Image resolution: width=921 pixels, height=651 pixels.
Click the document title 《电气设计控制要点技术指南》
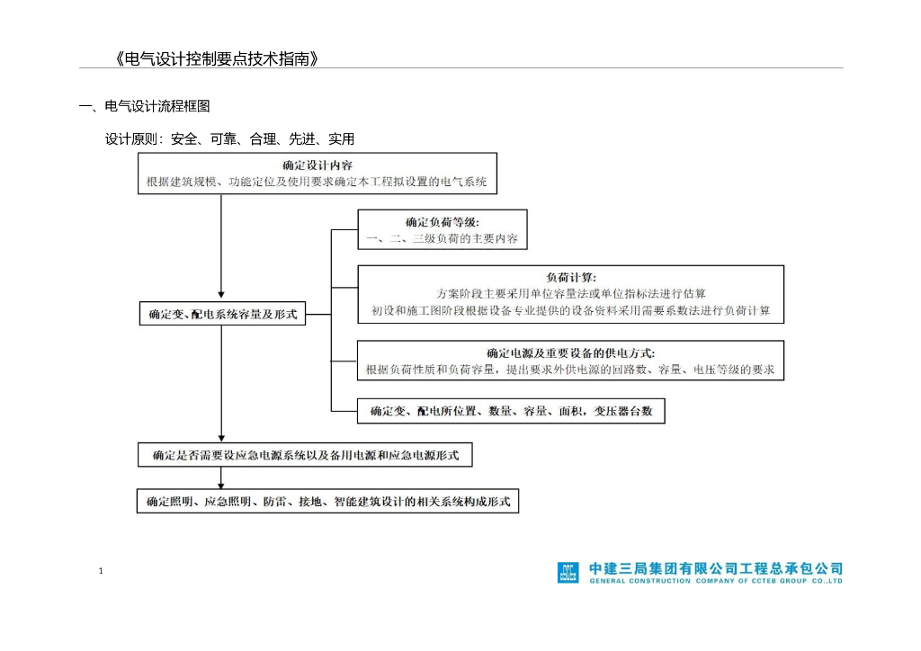tap(216, 59)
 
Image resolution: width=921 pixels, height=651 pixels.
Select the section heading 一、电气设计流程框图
tap(145, 106)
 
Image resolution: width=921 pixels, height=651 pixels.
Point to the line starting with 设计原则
tap(229, 139)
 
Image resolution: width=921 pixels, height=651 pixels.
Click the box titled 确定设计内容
tap(317, 173)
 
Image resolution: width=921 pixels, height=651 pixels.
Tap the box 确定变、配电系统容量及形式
tap(222, 314)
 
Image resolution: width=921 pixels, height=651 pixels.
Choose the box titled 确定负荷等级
tap(442, 229)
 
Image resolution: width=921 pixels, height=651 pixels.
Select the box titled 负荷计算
tap(570, 293)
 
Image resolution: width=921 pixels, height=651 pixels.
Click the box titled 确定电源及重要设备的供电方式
tap(570, 361)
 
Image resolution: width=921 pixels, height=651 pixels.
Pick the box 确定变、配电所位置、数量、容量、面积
tap(511, 412)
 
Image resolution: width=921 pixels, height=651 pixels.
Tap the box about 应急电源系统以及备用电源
tap(305, 455)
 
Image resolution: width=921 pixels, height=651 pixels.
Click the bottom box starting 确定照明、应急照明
tap(328, 501)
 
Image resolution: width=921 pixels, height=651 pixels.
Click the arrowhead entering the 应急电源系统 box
tap(221, 437)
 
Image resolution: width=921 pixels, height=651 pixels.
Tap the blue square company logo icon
tap(568, 573)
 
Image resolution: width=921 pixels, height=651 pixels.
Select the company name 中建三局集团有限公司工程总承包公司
tap(716, 568)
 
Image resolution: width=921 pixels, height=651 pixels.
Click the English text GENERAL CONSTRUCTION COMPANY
tap(716, 582)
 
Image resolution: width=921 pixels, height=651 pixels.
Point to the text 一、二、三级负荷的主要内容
tap(442, 239)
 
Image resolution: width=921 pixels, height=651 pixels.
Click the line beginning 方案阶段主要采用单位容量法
tap(570, 293)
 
